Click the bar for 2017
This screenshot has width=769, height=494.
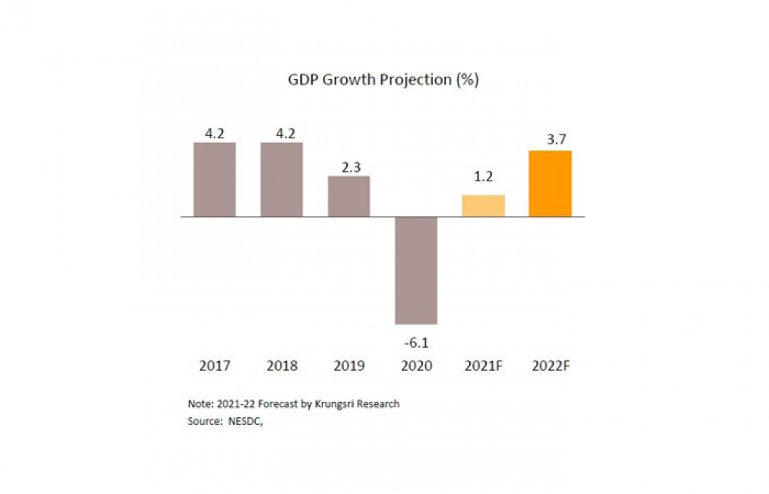(215, 179)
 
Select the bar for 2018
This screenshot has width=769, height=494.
(281, 179)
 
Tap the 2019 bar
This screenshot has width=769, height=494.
(348, 196)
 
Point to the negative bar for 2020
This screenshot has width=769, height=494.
(416, 270)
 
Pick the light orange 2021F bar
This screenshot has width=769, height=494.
(483, 206)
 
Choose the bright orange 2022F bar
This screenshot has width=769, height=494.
(551, 184)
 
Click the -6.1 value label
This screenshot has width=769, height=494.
(416, 343)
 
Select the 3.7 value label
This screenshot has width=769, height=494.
(557, 140)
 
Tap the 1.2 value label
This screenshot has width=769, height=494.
(483, 177)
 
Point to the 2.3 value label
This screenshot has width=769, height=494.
(351, 167)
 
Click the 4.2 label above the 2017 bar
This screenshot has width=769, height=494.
(215, 134)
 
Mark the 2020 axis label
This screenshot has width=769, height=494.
(416, 366)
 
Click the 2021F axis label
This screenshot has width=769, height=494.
(484, 366)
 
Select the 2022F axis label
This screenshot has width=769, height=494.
(551, 366)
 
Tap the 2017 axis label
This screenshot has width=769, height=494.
(215, 366)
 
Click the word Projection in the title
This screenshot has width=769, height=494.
(418, 80)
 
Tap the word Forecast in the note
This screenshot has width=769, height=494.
(278, 404)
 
